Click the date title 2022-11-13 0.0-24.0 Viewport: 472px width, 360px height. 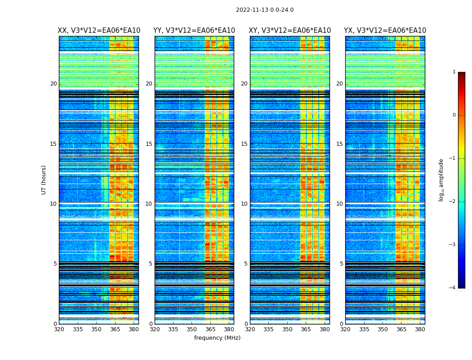click(x=265, y=10)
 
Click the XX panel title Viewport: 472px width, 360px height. click(x=99, y=31)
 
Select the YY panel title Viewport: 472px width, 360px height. click(x=194, y=31)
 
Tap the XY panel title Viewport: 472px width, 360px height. click(x=289, y=31)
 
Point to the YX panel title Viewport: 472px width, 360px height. click(x=385, y=31)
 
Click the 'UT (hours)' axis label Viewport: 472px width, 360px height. click(x=44, y=180)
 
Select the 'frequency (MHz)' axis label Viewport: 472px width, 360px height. click(x=217, y=338)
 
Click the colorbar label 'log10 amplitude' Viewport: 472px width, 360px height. click(x=441, y=180)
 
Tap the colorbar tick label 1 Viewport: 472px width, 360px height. click(x=454, y=72)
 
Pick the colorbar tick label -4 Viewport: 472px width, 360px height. click(x=453, y=288)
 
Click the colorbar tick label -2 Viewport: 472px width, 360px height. click(x=453, y=202)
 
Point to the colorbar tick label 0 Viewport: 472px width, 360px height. click(x=454, y=115)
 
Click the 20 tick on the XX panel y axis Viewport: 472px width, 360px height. click(x=53, y=84)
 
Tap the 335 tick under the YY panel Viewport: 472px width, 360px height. click(x=173, y=329)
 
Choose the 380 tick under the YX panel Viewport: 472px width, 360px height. click(x=420, y=329)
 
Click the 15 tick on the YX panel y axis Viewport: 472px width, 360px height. click(x=339, y=144)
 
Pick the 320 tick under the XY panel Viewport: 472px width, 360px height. click(x=250, y=329)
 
